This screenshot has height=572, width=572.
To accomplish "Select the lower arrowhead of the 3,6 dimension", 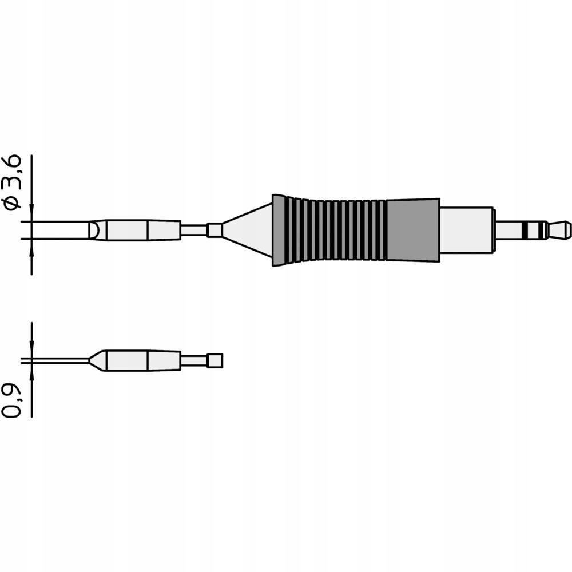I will click(31, 245).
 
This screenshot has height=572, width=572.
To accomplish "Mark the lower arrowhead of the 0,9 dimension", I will click(31, 370).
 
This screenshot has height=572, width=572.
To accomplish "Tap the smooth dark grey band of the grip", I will click(412, 230).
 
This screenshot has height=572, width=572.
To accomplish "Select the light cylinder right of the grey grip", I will click(466, 230).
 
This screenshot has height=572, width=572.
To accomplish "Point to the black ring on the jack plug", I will click(525, 230).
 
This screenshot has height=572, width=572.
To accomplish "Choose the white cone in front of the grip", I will click(252, 230).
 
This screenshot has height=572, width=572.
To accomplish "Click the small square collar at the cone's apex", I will click(214, 230).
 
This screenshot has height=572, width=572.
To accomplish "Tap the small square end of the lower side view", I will click(215, 361).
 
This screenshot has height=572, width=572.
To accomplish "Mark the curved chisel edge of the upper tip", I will click(93, 230).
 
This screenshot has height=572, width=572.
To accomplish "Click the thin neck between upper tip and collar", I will click(194, 230).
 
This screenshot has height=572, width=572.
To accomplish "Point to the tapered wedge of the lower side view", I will click(98, 361).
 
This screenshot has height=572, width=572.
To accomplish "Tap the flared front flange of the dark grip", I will click(279, 230).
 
